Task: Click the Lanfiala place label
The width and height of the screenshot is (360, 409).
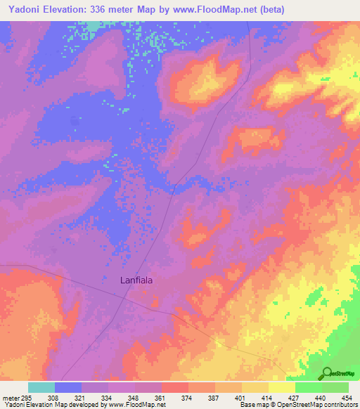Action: pyautogui.click(x=136, y=279)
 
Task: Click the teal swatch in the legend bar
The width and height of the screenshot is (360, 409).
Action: pyautogui.click(x=41, y=387)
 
